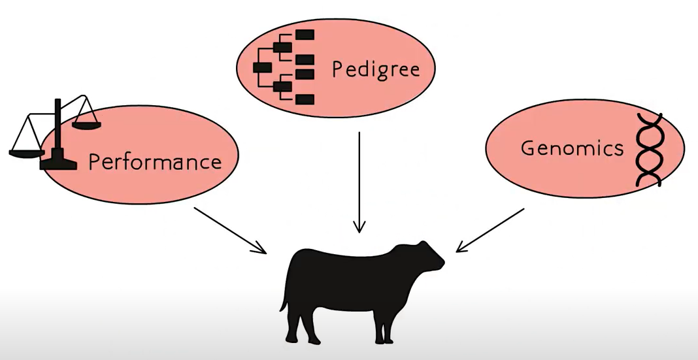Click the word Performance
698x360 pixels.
(154, 161)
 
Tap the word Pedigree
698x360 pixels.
(375, 69)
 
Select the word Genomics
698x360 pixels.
(572, 148)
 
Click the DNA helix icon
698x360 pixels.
(649, 149)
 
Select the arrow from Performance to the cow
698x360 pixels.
(230, 230)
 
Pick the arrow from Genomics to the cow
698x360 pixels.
(490, 229)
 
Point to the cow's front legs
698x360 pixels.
(386, 320)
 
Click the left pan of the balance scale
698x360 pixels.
(26, 152)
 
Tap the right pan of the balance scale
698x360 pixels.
(86, 122)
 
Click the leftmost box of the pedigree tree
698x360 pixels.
(261, 67)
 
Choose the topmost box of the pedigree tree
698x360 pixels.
(305, 33)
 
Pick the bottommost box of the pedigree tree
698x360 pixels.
(305, 99)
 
